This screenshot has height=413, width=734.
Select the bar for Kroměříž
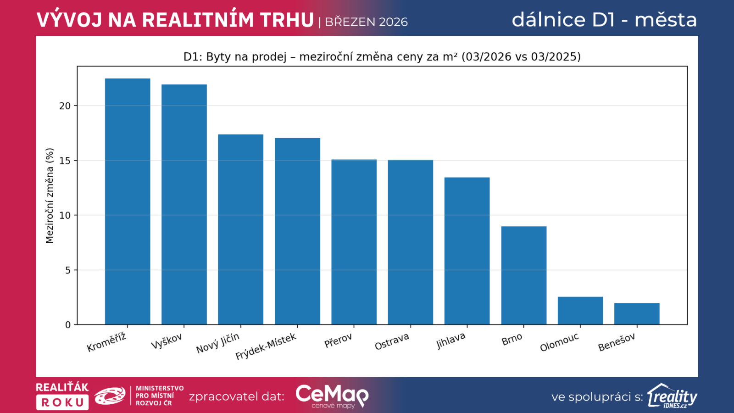[128, 201]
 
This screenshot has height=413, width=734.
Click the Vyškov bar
[184, 204]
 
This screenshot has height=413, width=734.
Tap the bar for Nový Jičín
[240, 229]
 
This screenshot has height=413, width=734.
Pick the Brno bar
[523, 275]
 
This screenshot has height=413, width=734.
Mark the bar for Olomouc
[580, 311]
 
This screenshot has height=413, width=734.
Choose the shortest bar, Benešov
[637, 314]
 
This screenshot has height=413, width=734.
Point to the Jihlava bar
[467, 251]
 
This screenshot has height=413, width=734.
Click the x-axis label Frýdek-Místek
[266, 346]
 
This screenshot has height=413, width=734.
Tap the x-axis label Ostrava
[392, 341]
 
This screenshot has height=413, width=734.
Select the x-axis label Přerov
[339, 340]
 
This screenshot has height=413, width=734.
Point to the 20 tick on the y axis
[65, 106]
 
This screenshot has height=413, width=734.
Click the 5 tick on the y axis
[68, 270]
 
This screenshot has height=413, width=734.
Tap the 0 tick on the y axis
[68, 325]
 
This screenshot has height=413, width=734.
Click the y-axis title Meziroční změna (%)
[50, 195]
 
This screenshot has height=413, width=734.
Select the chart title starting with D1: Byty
[382, 57]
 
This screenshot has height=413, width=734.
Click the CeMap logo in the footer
[332, 396]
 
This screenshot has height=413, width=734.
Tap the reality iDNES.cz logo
[672, 396]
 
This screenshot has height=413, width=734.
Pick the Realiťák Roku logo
[62, 396]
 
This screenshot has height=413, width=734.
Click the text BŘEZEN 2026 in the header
[366, 22]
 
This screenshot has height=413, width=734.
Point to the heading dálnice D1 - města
[604, 20]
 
